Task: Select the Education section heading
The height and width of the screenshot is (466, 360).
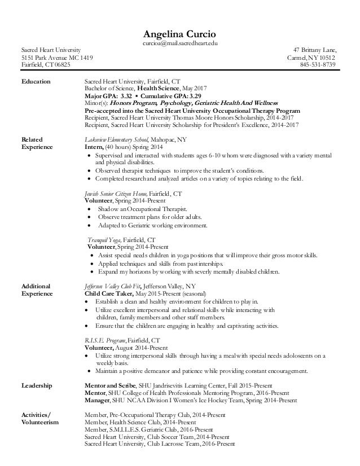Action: pyautogui.click(x=36, y=81)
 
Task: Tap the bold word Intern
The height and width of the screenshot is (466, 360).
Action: pyautogui.click(x=94, y=147)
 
